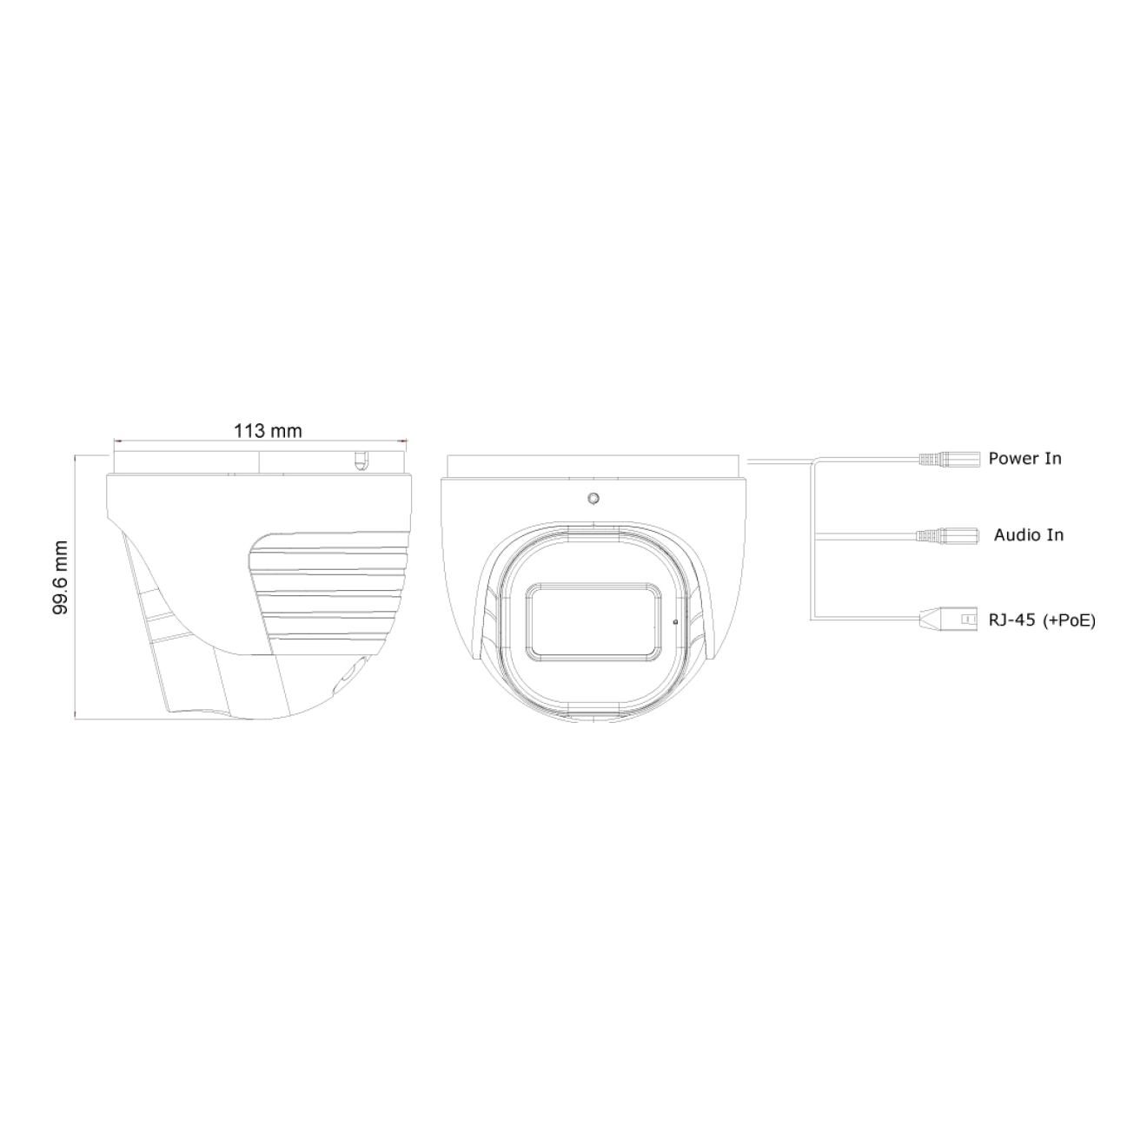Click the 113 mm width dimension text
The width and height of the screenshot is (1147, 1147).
click(268, 430)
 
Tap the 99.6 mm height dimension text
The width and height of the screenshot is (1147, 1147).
click(60, 578)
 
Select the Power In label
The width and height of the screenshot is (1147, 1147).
click(1024, 458)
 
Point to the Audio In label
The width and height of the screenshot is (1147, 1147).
click(1028, 534)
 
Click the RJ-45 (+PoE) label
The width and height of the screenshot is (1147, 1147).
click(1041, 620)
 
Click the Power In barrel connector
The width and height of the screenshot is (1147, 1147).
click(949, 458)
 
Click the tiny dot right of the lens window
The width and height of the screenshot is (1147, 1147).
click(676, 621)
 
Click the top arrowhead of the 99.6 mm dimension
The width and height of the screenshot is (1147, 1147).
click(78, 455)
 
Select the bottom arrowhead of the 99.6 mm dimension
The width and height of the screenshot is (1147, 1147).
click(78, 717)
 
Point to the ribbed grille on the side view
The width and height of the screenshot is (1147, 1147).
click(330, 591)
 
